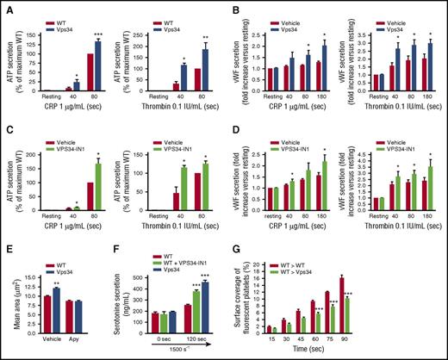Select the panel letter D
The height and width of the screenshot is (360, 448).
(232, 128)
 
